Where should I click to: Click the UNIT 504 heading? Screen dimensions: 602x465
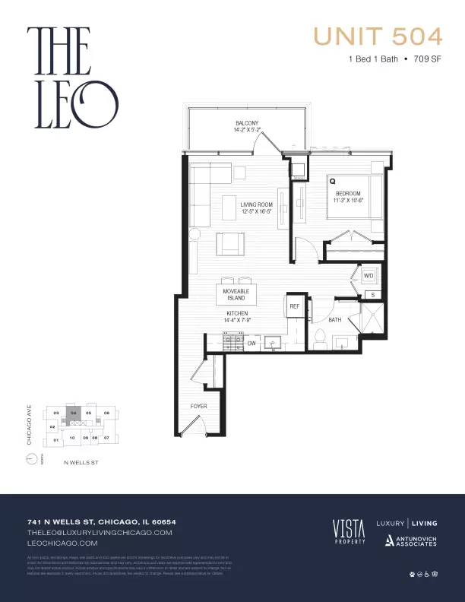tap(378, 36)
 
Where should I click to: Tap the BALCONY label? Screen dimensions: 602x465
tap(247, 126)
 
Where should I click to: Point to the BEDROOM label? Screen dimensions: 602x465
tap(350, 197)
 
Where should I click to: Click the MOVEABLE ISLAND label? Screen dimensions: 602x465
tap(236, 293)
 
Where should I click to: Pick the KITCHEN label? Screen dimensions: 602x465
tap(237, 317)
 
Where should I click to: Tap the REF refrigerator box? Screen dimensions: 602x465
tap(295, 306)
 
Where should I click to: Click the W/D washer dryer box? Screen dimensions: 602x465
tap(369, 275)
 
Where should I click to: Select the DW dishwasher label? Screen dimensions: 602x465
tap(251, 344)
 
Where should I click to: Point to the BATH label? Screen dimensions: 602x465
tap(335, 320)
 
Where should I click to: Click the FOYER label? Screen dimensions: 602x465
tap(198, 406)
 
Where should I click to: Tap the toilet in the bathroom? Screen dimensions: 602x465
tap(320, 338)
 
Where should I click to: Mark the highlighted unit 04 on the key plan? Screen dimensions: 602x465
tap(74, 413)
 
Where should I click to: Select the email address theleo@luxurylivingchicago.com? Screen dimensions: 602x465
tap(100, 533)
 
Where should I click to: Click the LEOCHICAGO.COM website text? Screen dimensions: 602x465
tap(62, 543)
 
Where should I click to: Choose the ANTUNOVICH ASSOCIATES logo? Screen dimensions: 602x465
tap(410, 540)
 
